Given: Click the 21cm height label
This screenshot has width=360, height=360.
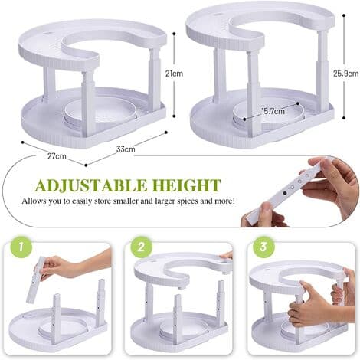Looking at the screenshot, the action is pyautogui.click(x=174, y=74).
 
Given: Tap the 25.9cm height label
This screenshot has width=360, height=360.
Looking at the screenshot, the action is pyautogui.click(x=345, y=74).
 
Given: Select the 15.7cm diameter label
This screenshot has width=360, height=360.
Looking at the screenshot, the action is pyautogui.click(x=273, y=111).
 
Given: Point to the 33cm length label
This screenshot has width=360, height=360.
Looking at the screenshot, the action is pyautogui.click(x=126, y=149).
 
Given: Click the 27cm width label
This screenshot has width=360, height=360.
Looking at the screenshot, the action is pyautogui.click(x=57, y=156).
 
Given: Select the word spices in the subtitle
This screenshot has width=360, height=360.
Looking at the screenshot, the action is pyautogui.click(x=188, y=201).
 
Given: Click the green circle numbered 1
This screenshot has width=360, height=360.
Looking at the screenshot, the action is pyautogui.click(x=21, y=247).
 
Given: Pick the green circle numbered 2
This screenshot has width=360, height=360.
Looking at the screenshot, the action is pyautogui.click(x=141, y=247).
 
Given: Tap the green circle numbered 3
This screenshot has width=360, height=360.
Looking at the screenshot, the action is pyautogui.click(x=263, y=247).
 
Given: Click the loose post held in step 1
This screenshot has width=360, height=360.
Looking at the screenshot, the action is pyautogui.click(x=36, y=281).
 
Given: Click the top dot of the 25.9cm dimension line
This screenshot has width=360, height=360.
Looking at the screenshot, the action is pyautogui.click(x=344, y=15).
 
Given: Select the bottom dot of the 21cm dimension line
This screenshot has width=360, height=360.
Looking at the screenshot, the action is pyautogui.click(x=174, y=116).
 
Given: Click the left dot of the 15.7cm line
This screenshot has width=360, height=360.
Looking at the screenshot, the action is pyautogui.click(x=244, y=119).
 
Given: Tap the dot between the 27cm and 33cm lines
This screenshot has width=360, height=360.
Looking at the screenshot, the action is pyautogui.click(x=86, y=165).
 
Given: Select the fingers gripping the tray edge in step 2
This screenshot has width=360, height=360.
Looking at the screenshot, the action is pyautogui.click(x=227, y=256).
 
